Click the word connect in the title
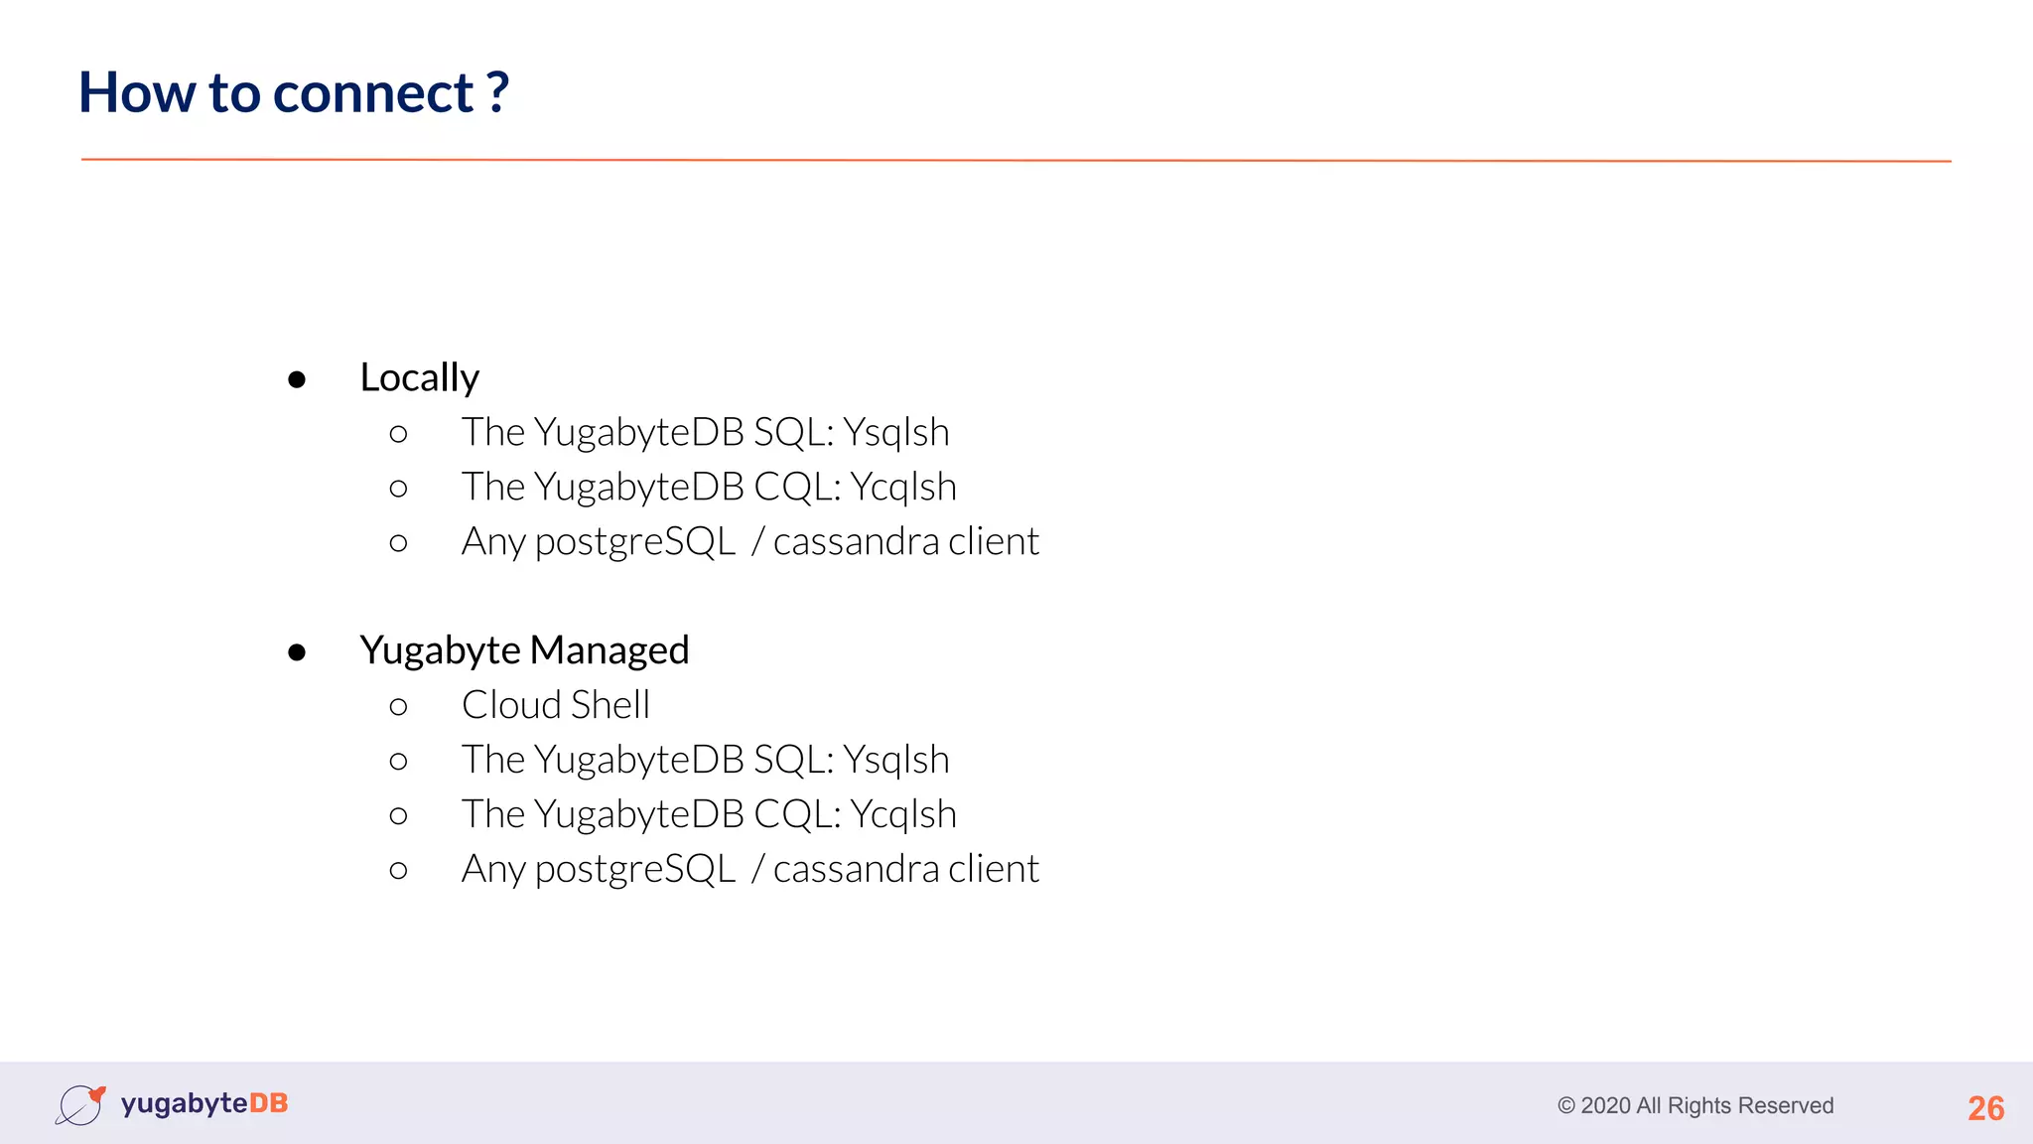point(372,93)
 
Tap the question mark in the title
point(497,91)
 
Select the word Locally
point(419,378)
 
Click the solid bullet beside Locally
point(297,379)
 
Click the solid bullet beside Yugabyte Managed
point(297,652)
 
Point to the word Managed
point(609,650)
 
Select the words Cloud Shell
point(555,705)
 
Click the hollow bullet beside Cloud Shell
point(399,706)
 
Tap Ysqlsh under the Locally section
point(895,433)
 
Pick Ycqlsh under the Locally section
point(903,488)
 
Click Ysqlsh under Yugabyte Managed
point(895,761)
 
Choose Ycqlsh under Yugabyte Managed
point(903,815)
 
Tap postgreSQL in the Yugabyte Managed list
point(635,870)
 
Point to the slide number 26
point(1985,1108)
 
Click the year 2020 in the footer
point(1605,1106)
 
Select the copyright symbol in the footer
point(1566,1106)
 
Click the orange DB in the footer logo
point(268,1103)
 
